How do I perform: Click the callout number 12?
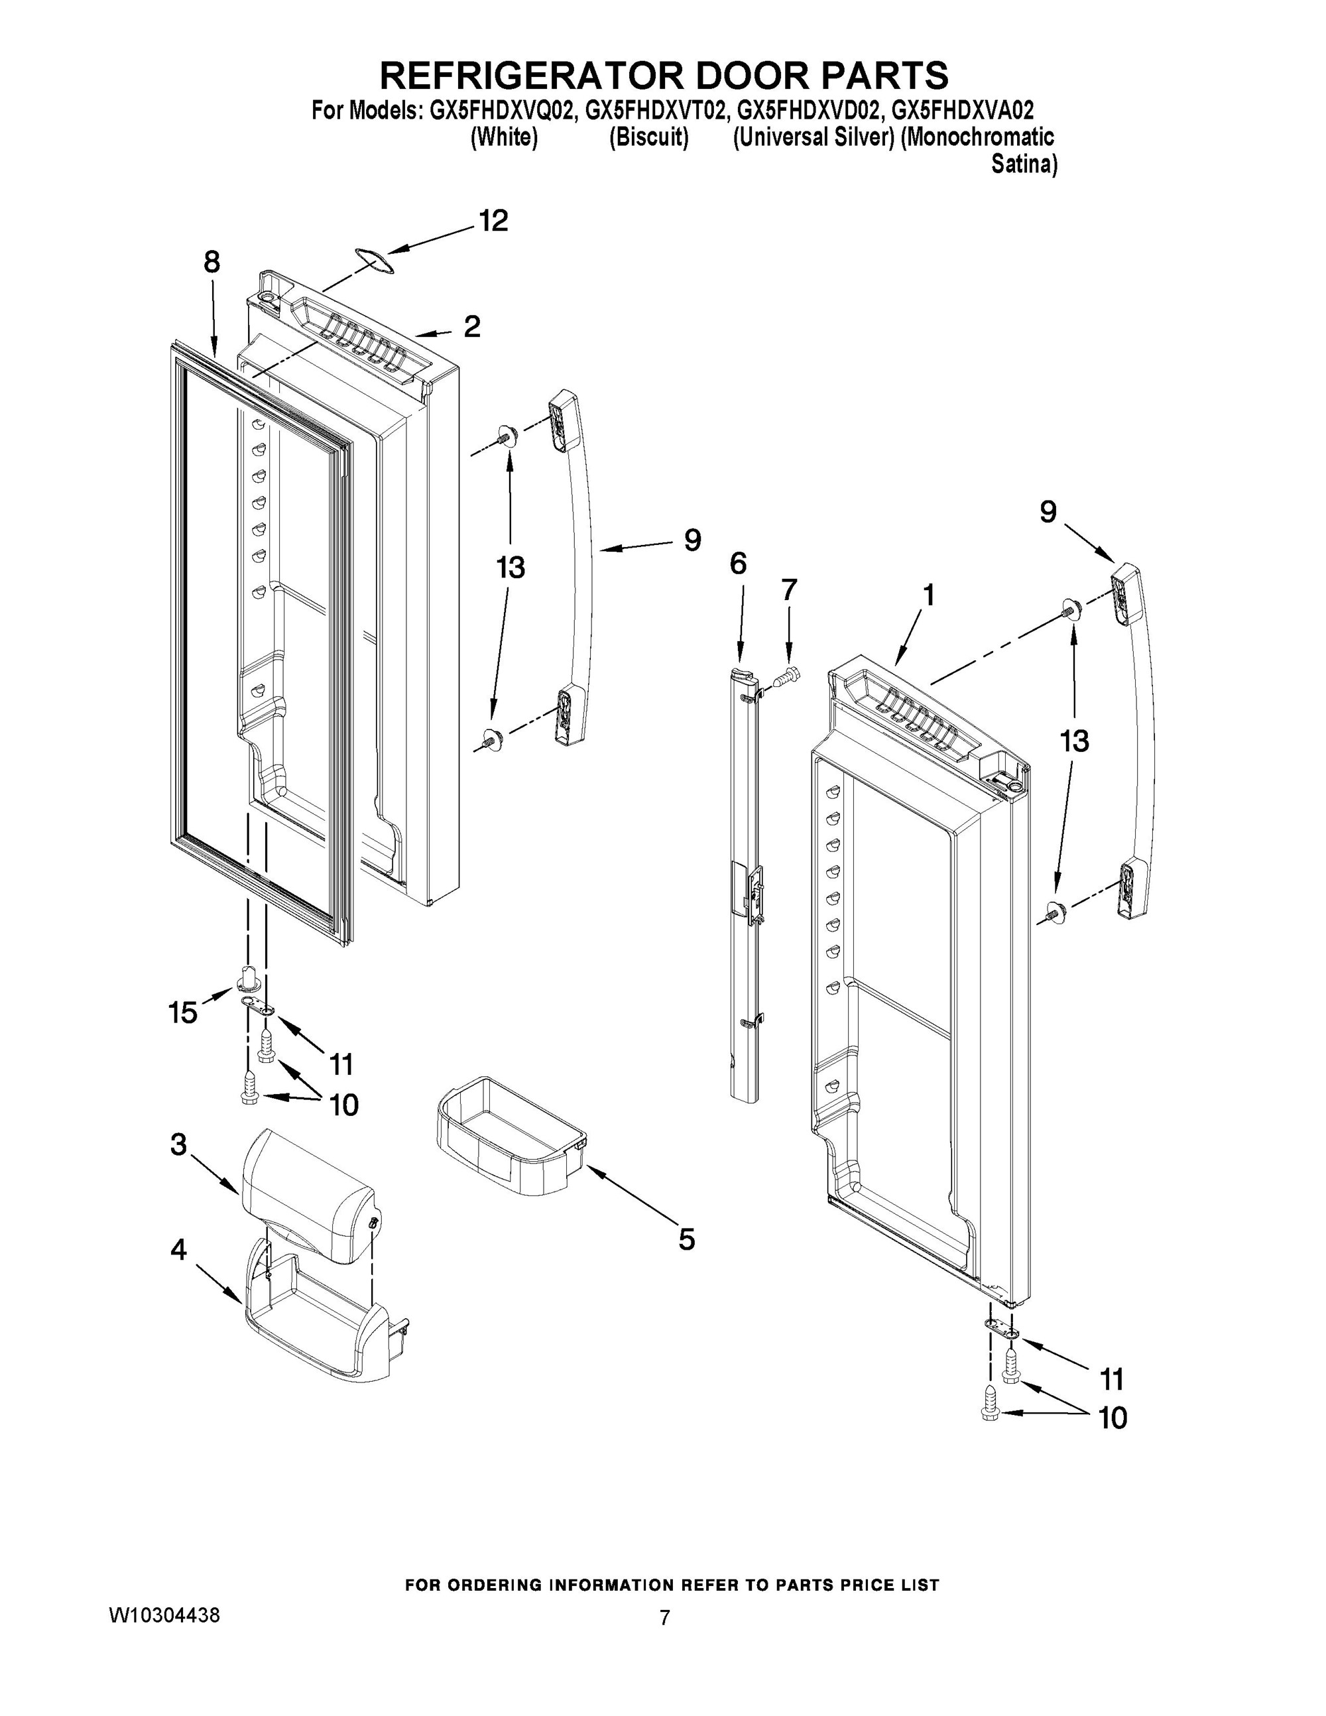point(493,221)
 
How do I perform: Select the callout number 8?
point(212,263)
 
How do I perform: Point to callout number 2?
point(472,326)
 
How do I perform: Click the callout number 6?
point(738,564)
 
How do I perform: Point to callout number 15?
point(182,1012)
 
